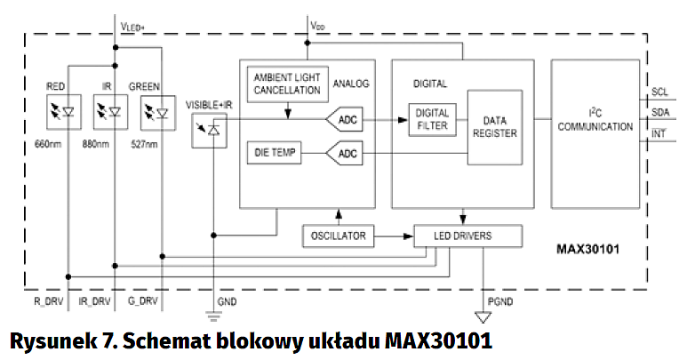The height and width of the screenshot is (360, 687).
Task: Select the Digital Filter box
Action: point(433,118)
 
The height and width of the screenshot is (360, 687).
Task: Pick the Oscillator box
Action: point(339,236)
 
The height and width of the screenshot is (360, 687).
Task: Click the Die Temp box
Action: point(273,154)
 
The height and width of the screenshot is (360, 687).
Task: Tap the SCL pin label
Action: point(660,92)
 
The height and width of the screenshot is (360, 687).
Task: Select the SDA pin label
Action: point(660,113)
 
